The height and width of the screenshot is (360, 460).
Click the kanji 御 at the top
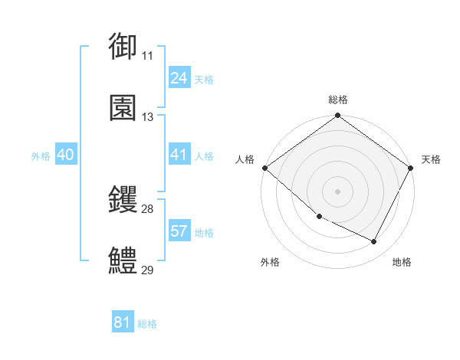coord(123,46)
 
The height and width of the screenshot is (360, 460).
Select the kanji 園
coord(123,108)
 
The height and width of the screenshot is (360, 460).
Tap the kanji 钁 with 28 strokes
coord(123,200)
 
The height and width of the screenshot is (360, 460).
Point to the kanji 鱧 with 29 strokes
coord(123,261)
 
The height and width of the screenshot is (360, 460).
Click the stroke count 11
coord(147,56)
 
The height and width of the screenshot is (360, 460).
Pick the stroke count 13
coord(147,117)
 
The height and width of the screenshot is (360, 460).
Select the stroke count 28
coord(147,209)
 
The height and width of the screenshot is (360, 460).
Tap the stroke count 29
coord(147,270)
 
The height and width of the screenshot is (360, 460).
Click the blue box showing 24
coord(179,78)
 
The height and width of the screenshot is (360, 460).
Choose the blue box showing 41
coord(179,155)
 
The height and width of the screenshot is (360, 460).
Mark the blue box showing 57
coord(179,231)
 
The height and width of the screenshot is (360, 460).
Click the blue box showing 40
coord(65,155)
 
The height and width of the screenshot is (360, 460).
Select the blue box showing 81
coord(122,322)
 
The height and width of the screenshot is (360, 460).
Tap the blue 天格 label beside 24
coord(204,80)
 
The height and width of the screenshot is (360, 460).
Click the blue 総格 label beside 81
coord(147,324)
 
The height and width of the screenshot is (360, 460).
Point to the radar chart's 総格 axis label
coord(338,100)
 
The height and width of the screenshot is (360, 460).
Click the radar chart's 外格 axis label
coord(270,263)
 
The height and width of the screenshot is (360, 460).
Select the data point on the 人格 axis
coord(265,168)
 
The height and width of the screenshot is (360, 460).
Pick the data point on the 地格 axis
coord(374,242)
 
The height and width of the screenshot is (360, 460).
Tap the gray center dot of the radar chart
coord(338,191)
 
